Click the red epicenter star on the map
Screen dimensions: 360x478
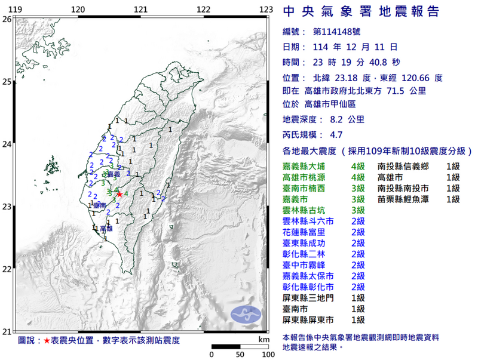click(119, 194)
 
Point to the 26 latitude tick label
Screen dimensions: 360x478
click(7, 19)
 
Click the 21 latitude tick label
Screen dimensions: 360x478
click(7, 332)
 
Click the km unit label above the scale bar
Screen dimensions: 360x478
click(263, 339)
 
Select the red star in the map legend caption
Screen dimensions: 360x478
click(47, 340)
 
